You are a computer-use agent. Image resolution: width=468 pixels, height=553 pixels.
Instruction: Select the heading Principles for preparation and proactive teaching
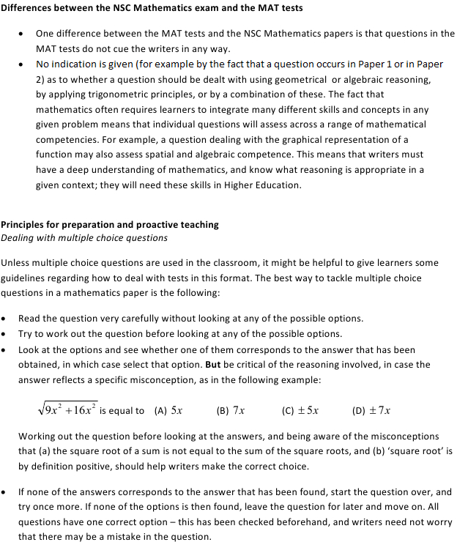(x=110, y=225)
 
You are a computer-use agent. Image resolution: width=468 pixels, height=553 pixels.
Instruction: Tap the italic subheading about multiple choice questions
(x=84, y=238)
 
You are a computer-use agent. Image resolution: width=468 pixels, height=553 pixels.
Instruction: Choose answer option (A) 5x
(x=168, y=411)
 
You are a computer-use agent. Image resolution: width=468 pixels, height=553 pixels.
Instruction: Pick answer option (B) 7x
(x=231, y=411)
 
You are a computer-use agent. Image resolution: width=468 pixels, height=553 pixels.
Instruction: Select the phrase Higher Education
(x=263, y=185)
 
